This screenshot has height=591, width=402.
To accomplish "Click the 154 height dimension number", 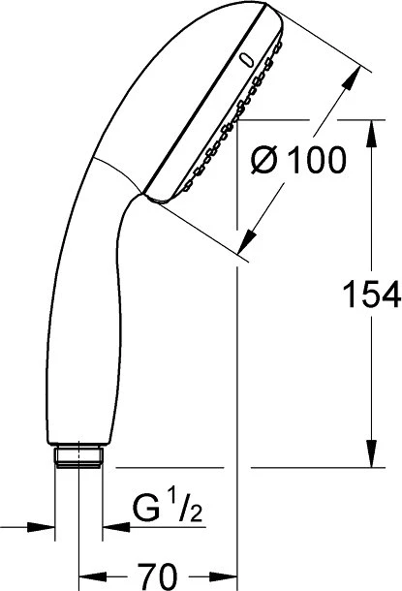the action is (371, 294).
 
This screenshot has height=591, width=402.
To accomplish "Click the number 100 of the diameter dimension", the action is (316, 160).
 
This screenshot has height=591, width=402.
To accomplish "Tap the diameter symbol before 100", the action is (264, 160).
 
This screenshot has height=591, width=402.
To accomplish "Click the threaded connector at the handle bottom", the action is (78, 457).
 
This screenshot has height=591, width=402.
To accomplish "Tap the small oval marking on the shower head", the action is (246, 61).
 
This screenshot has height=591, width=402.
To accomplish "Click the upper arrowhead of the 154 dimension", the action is (371, 133).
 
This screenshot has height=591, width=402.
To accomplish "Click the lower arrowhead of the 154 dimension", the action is (371, 453).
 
